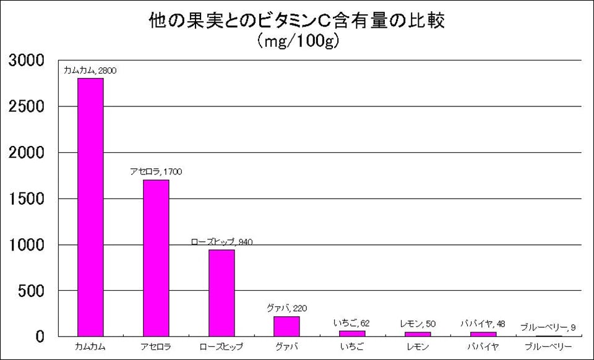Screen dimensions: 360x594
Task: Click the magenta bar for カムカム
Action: point(90,207)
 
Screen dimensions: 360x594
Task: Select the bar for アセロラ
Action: point(156,258)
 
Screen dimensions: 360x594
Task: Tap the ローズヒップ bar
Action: point(222,293)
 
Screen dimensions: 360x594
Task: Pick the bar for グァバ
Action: point(286,327)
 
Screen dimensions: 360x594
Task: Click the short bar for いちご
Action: point(352,334)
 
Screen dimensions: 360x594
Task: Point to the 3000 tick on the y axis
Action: point(27,61)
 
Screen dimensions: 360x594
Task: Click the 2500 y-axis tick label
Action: point(27,106)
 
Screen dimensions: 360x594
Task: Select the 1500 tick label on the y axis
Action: point(27,199)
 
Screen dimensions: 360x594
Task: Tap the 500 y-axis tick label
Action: point(31,291)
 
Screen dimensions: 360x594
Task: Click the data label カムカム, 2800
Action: point(90,71)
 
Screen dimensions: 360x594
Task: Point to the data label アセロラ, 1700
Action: point(156,171)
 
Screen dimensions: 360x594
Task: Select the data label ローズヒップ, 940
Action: point(222,242)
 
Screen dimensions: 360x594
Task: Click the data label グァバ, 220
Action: point(287,308)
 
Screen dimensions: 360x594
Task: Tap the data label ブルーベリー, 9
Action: point(549,327)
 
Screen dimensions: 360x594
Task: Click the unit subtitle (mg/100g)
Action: point(297,41)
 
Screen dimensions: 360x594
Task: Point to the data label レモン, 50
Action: point(418,324)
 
